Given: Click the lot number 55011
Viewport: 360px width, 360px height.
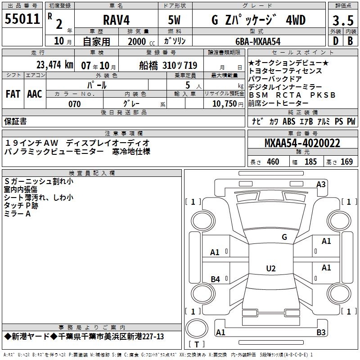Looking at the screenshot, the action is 22,19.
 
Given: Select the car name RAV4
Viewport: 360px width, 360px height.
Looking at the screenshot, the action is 117,20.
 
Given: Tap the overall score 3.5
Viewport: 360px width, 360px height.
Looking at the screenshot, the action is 343,20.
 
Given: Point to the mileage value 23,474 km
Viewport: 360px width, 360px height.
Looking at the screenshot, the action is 55,65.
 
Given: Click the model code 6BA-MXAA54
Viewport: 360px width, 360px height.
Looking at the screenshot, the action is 258,41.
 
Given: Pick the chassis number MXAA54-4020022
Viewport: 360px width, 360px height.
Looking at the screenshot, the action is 302,143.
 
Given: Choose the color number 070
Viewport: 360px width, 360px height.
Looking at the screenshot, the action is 75,104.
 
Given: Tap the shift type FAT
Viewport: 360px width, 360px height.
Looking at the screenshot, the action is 13,94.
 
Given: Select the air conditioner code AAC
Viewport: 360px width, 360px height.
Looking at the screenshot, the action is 35,94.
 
